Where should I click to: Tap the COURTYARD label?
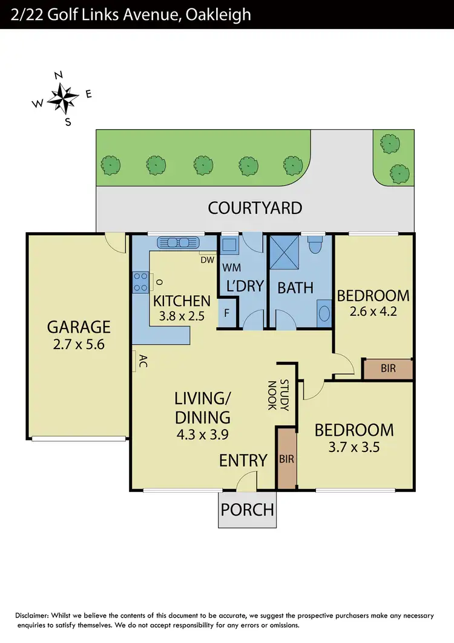pos(255,208)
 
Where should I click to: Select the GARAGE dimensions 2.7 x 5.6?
pos(79,346)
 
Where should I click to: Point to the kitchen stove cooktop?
pos(140,282)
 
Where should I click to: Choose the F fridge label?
pos(226,314)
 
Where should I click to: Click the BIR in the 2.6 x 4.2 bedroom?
pos(387,368)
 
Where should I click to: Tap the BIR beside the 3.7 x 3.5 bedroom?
pos(286,459)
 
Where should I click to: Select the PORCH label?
pos(247,509)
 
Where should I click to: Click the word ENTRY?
pos(243,460)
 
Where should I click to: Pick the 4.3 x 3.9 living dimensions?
pos(202,434)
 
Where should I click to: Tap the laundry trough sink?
pos(229,245)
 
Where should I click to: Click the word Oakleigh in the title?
pos(215,13)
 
